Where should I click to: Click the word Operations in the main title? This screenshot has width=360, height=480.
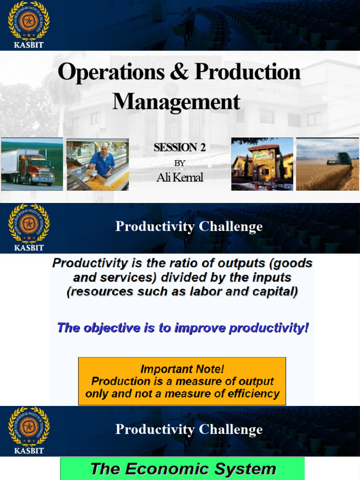pyautogui.click(x=111, y=73)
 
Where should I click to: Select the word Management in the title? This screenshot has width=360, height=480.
pyautogui.click(x=176, y=102)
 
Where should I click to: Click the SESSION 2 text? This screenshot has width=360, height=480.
pyautogui.click(x=180, y=148)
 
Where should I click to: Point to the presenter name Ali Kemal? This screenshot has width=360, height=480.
pyautogui.click(x=180, y=178)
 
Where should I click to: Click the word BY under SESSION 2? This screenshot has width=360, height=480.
pyautogui.click(x=180, y=163)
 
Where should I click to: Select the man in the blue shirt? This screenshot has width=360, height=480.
pyautogui.click(x=102, y=162)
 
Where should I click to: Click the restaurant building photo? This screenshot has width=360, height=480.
pyautogui.click(x=262, y=164)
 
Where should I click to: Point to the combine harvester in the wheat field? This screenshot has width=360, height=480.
pyautogui.click(x=340, y=159)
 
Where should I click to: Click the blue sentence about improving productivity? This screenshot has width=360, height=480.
pyautogui.click(x=183, y=328)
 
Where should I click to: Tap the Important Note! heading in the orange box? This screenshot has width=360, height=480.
pyautogui.click(x=182, y=369)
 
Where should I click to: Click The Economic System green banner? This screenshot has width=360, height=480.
pyautogui.click(x=182, y=469)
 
